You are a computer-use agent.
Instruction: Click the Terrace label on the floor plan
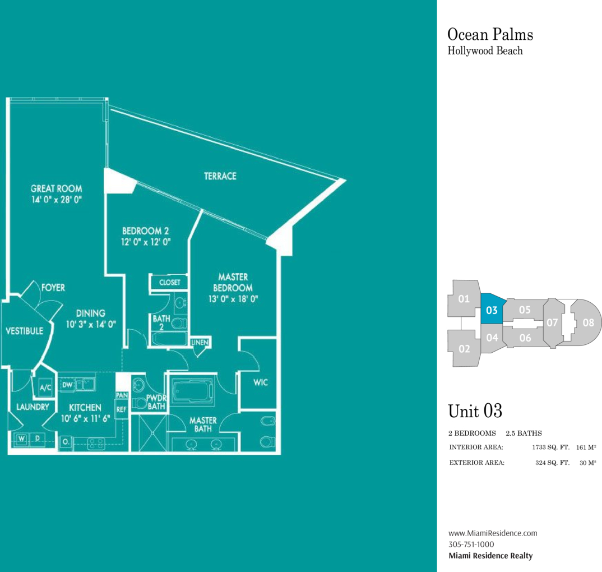point(220,176)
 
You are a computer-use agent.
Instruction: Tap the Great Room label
point(57,188)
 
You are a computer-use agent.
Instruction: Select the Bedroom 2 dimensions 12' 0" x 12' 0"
point(146,242)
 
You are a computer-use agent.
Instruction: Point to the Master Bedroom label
point(233,282)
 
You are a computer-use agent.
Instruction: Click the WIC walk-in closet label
point(260,382)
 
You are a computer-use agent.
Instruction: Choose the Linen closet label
point(200,342)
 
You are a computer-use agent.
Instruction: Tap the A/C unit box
point(45,388)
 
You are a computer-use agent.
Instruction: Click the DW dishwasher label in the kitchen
point(67,385)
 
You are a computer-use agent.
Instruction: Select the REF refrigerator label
point(121,409)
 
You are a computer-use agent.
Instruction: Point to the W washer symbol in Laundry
point(21,438)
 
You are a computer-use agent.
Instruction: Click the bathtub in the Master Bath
point(192,391)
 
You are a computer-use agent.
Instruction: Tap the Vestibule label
point(24,331)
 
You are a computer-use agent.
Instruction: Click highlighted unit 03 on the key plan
point(492,310)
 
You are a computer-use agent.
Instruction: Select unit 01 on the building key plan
point(464,299)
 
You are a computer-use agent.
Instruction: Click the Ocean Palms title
point(490,35)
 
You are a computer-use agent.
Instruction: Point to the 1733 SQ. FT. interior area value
point(550,447)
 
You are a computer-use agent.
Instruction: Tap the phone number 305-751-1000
point(471,545)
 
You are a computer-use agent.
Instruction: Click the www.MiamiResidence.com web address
point(493,533)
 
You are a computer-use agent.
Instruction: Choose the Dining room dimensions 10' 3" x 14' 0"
point(91,325)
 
